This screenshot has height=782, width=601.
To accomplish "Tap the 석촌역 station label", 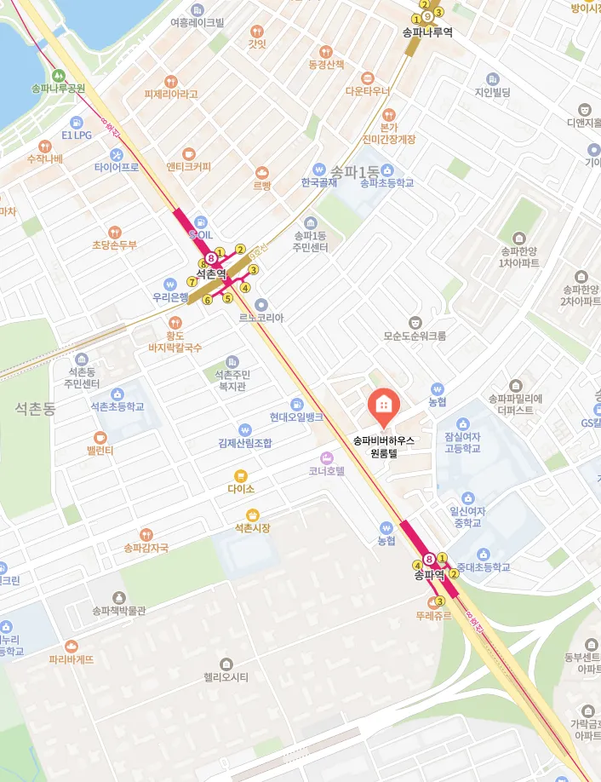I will pyautogui.click(x=211, y=273).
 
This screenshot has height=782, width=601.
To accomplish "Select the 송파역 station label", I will pyautogui.click(x=430, y=575).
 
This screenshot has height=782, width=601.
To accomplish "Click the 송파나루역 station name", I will pyautogui.click(x=426, y=32).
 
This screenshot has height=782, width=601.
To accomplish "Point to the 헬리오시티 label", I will pyautogui.click(x=226, y=678).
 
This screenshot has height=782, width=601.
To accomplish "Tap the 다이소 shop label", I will pyautogui.click(x=241, y=490).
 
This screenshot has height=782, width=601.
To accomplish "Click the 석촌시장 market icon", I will pyautogui.click(x=252, y=514).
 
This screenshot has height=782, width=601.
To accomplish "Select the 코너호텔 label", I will pyautogui.click(x=327, y=470).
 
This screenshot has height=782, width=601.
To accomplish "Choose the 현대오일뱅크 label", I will pyautogui.click(x=296, y=417).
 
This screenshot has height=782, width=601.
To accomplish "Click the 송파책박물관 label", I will pyautogui.click(x=119, y=610).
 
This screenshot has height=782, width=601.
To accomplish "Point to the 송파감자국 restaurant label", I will pyautogui.click(x=146, y=548).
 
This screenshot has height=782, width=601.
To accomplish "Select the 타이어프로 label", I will pyautogui.click(x=117, y=167).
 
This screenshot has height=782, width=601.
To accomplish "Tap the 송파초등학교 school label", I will pyautogui.click(x=386, y=182).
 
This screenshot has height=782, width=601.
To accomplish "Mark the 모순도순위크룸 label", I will pyautogui.click(x=415, y=336).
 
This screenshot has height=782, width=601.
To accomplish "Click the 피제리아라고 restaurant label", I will pyautogui.click(x=171, y=95).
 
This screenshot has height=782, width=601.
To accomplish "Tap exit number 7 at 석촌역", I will pyautogui.click(x=192, y=282).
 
